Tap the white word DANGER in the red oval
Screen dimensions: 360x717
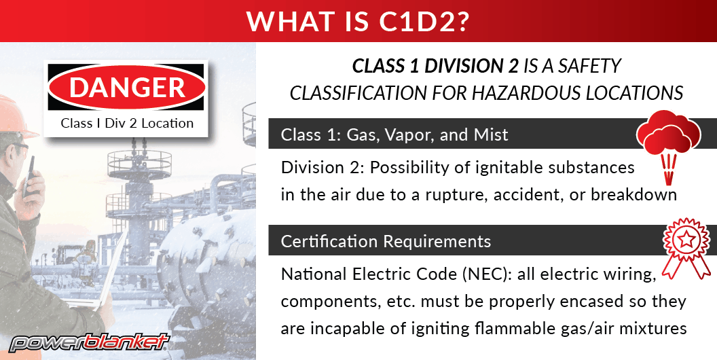point(127,88)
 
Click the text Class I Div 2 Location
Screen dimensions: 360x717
point(127,123)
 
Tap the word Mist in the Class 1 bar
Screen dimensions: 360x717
point(492,134)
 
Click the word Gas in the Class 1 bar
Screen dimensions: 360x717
point(361,134)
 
